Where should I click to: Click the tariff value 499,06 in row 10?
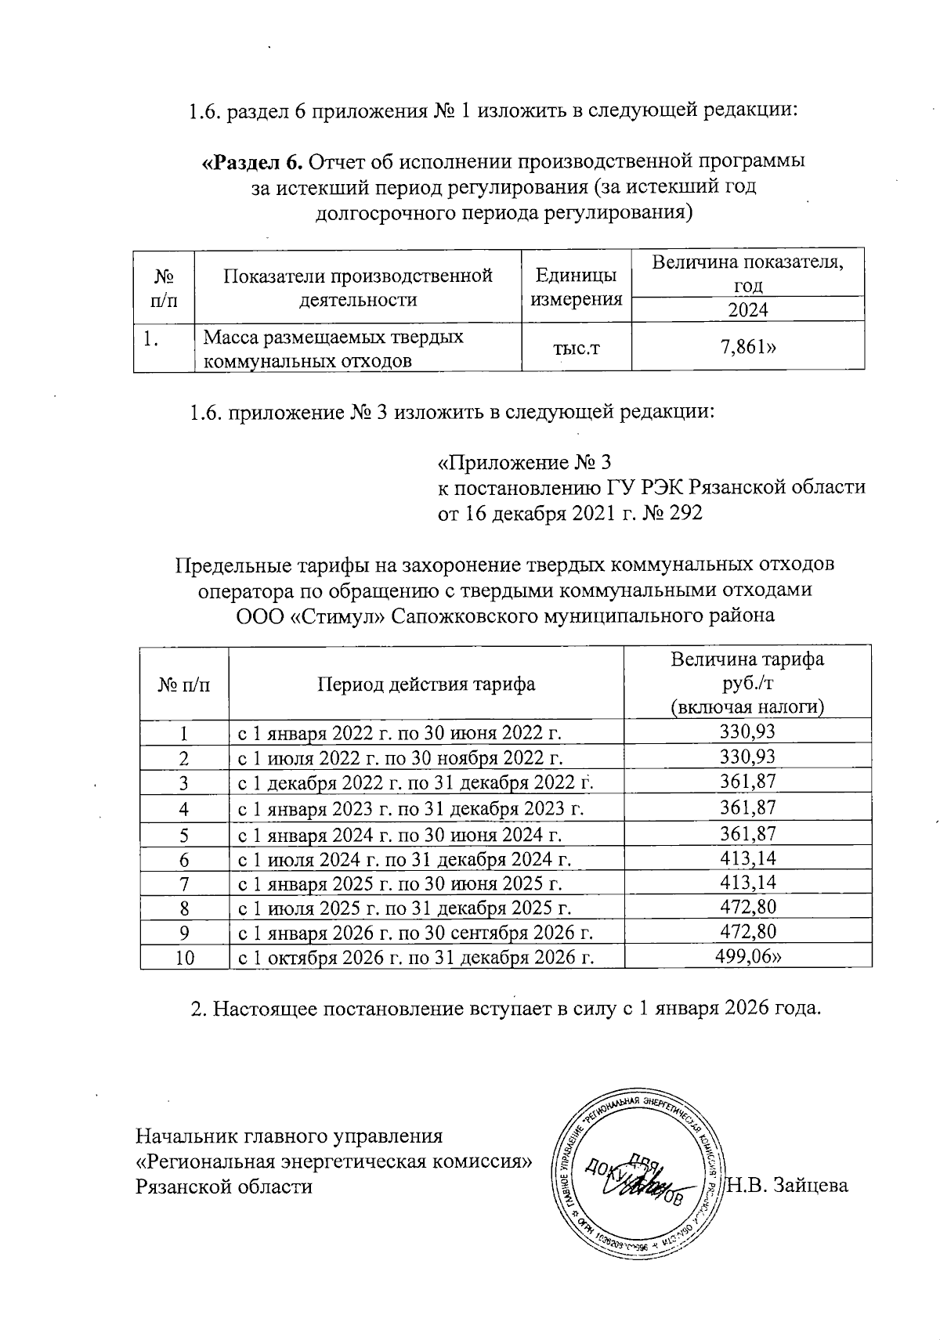(747, 956)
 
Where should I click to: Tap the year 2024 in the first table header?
(747, 309)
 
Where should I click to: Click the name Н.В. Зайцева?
(788, 1186)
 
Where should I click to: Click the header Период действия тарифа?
(426, 684)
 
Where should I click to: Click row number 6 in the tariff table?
(184, 859)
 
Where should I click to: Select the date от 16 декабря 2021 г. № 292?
(569, 513)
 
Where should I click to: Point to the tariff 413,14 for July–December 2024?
(747, 858)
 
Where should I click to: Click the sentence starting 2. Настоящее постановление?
(506, 1008)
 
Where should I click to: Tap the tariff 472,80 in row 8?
(747, 908)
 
